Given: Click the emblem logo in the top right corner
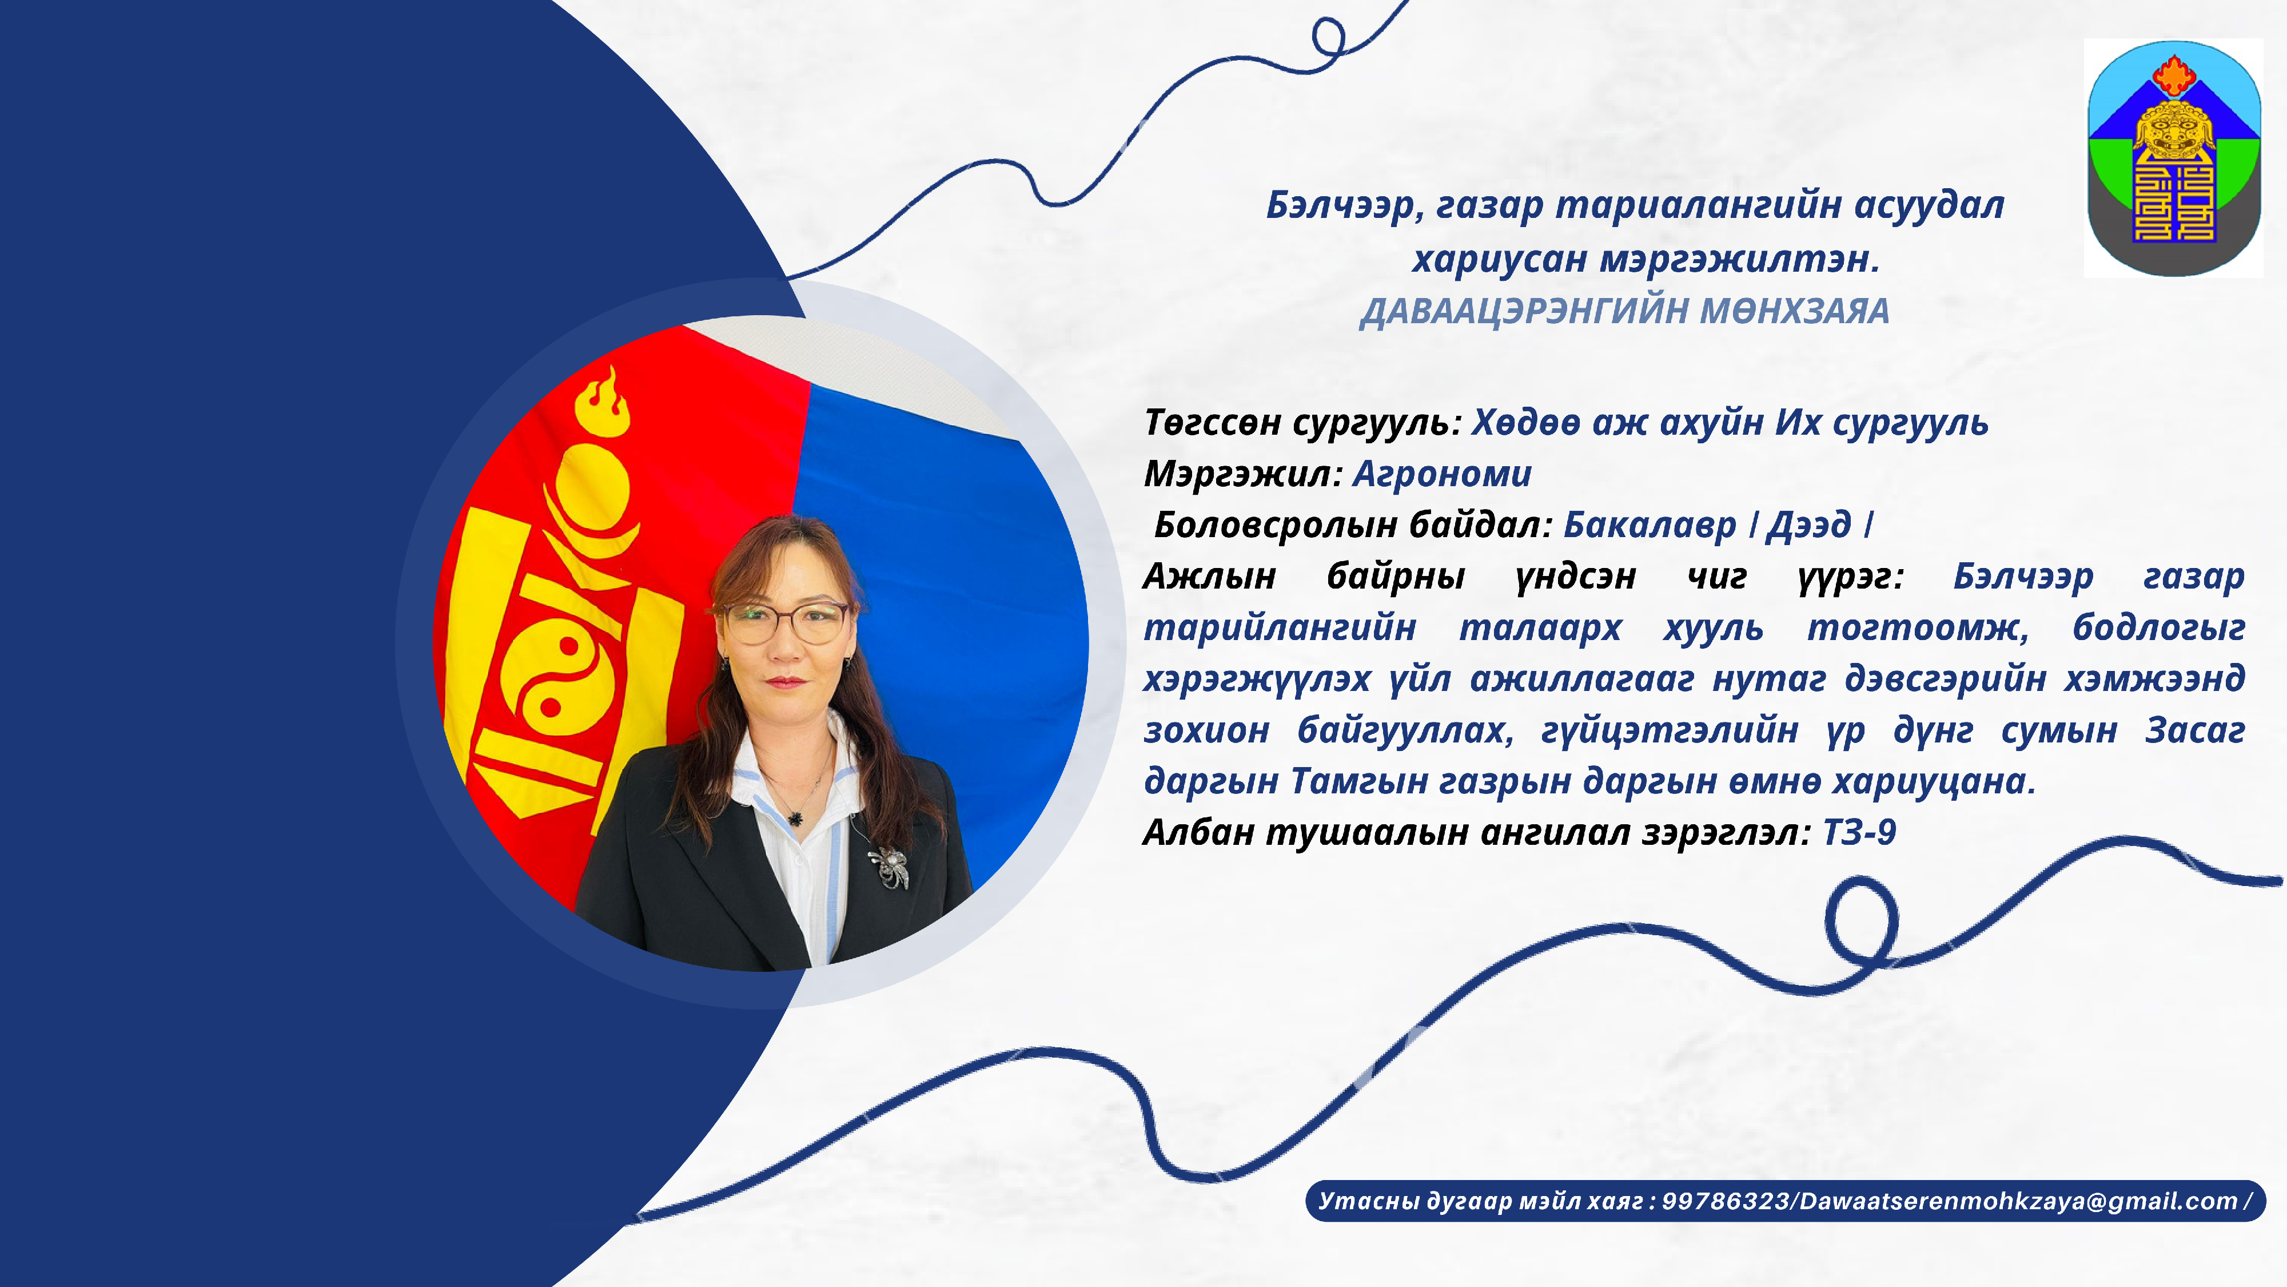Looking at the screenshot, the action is [2173, 158].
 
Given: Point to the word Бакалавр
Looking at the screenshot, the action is [1649, 526].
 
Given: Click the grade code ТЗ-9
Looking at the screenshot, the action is [1859, 833].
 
